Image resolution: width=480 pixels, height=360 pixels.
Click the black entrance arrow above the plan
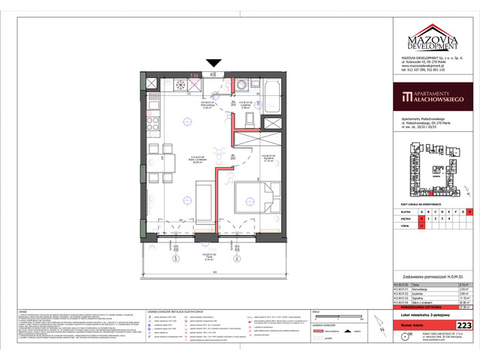coord(214,64)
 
